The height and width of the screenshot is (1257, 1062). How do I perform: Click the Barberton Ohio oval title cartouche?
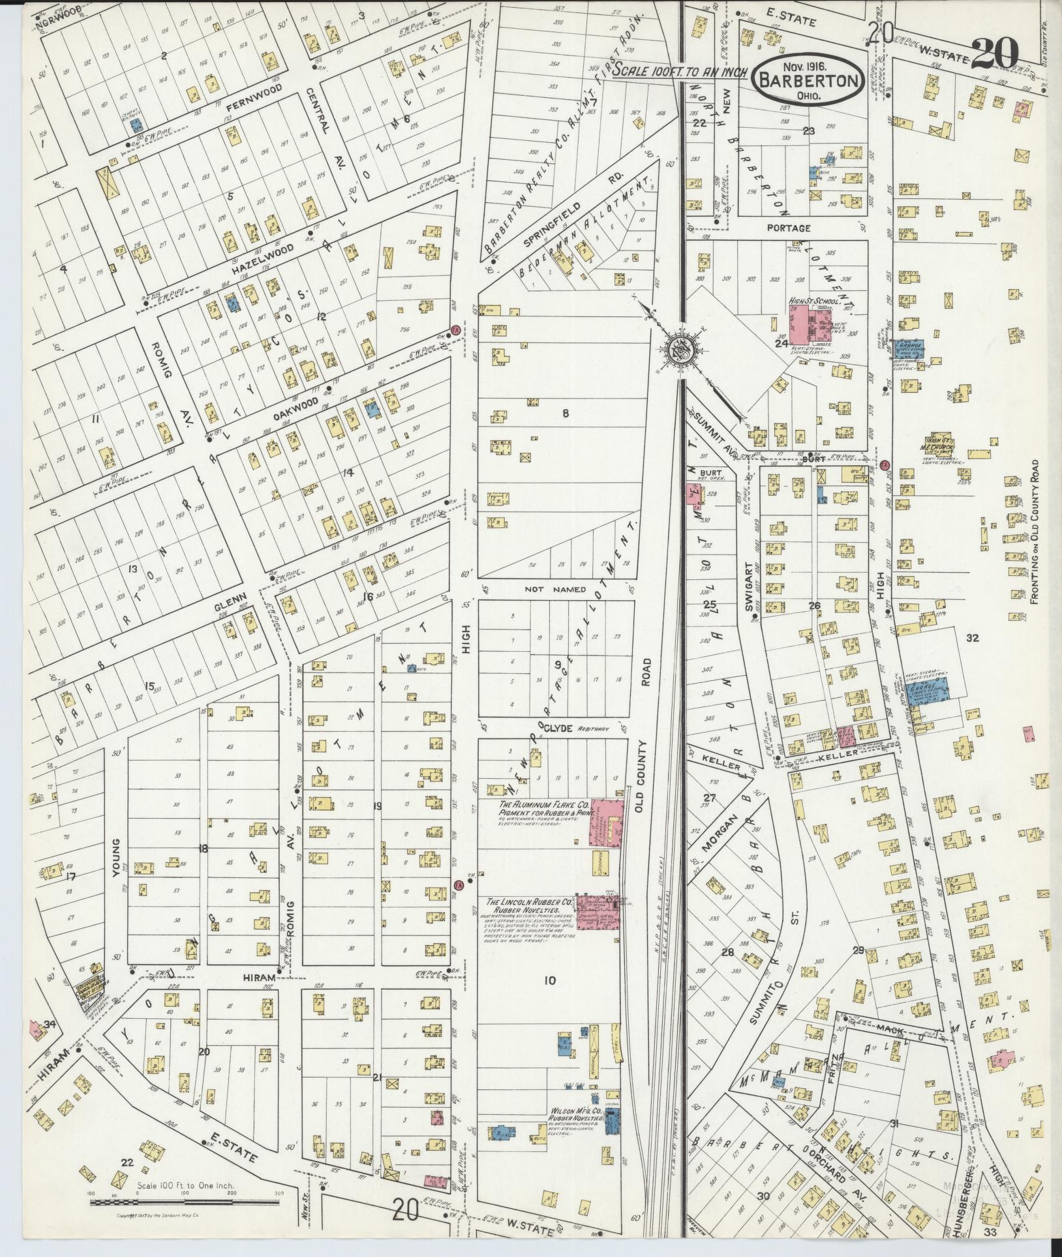tap(810, 78)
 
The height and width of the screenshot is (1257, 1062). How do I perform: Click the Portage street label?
tap(789, 228)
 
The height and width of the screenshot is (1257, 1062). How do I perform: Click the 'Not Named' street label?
tap(556, 589)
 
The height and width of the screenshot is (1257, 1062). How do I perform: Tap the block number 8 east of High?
tap(566, 412)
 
